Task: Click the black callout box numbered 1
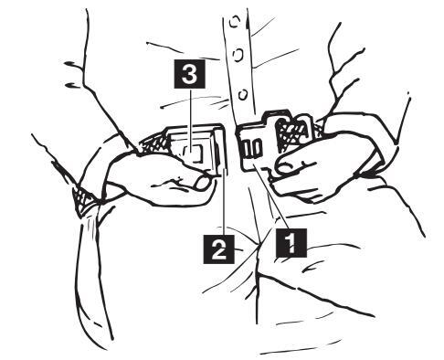tap(291, 242)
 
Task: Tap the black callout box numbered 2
tap(218, 249)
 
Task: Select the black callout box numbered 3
tap(189, 74)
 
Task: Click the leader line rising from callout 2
tap(224, 201)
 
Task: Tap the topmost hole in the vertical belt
tap(235, 22)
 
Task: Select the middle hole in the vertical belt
tap(238, 55)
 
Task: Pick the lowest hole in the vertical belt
tap(243, 95)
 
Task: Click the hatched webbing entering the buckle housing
tap(153, 143)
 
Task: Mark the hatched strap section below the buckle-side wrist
tap(83, 199)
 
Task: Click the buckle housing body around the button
tap(192, 148)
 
